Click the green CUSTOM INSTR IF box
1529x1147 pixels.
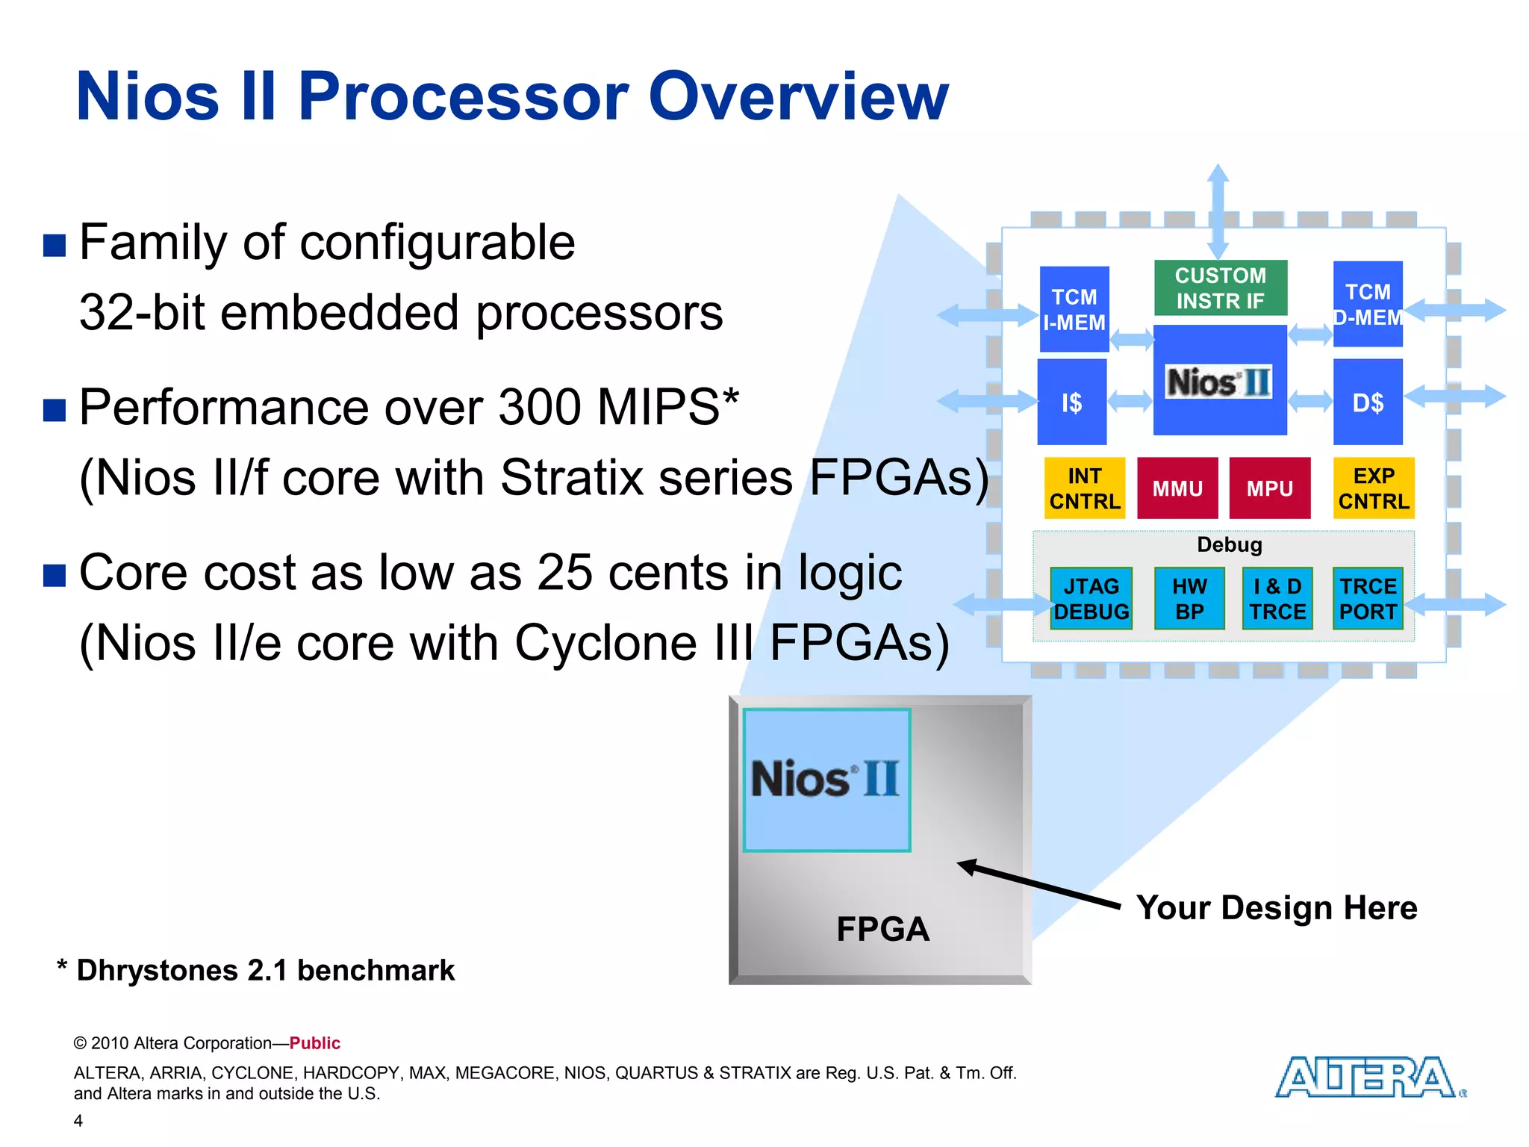click(x=1220, y=288)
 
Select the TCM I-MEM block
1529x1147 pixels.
click(x=1074, y=309)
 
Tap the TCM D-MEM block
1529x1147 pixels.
click(x=1367, y=304)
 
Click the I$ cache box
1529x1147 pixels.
click(x=1071, y=402)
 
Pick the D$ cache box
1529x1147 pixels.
click(x=1367, y=402)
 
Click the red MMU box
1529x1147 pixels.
click(x=1177, y=488)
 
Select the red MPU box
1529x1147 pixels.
click(x=1269, y=488)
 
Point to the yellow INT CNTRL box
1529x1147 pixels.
click(x=1084, y=488)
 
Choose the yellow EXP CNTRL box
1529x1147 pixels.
click(x=1373, y=488)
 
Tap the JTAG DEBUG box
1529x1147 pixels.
click(x=1091, y=599)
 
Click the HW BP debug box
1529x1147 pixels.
click(x=1189, y=599)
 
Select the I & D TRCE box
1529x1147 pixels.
click(x=1277, y=599)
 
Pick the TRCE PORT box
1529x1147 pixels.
click(x=1367, y=599)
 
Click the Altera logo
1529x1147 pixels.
click(x=1366, y=1077)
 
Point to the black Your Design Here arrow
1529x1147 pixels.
click(x=1038, y=885)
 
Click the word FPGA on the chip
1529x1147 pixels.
click(x=882, y=930)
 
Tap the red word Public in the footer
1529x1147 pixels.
click(x=314, y=1043)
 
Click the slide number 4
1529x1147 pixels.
click(x=78, y=1120)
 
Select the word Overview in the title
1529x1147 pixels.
click(x=798, y=97)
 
